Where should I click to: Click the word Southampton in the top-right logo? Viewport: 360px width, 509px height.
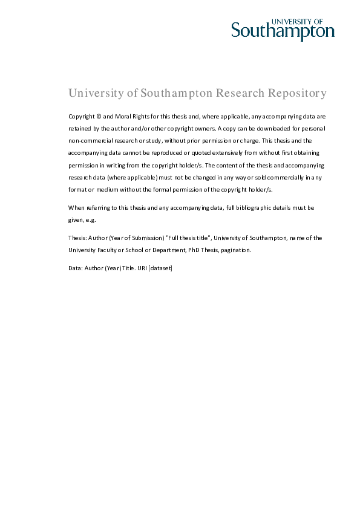[x=283, y=31]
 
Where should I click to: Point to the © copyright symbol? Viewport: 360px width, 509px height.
[x=98, y=115]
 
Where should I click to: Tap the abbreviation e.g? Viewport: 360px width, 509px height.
[x=90, y=220]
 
